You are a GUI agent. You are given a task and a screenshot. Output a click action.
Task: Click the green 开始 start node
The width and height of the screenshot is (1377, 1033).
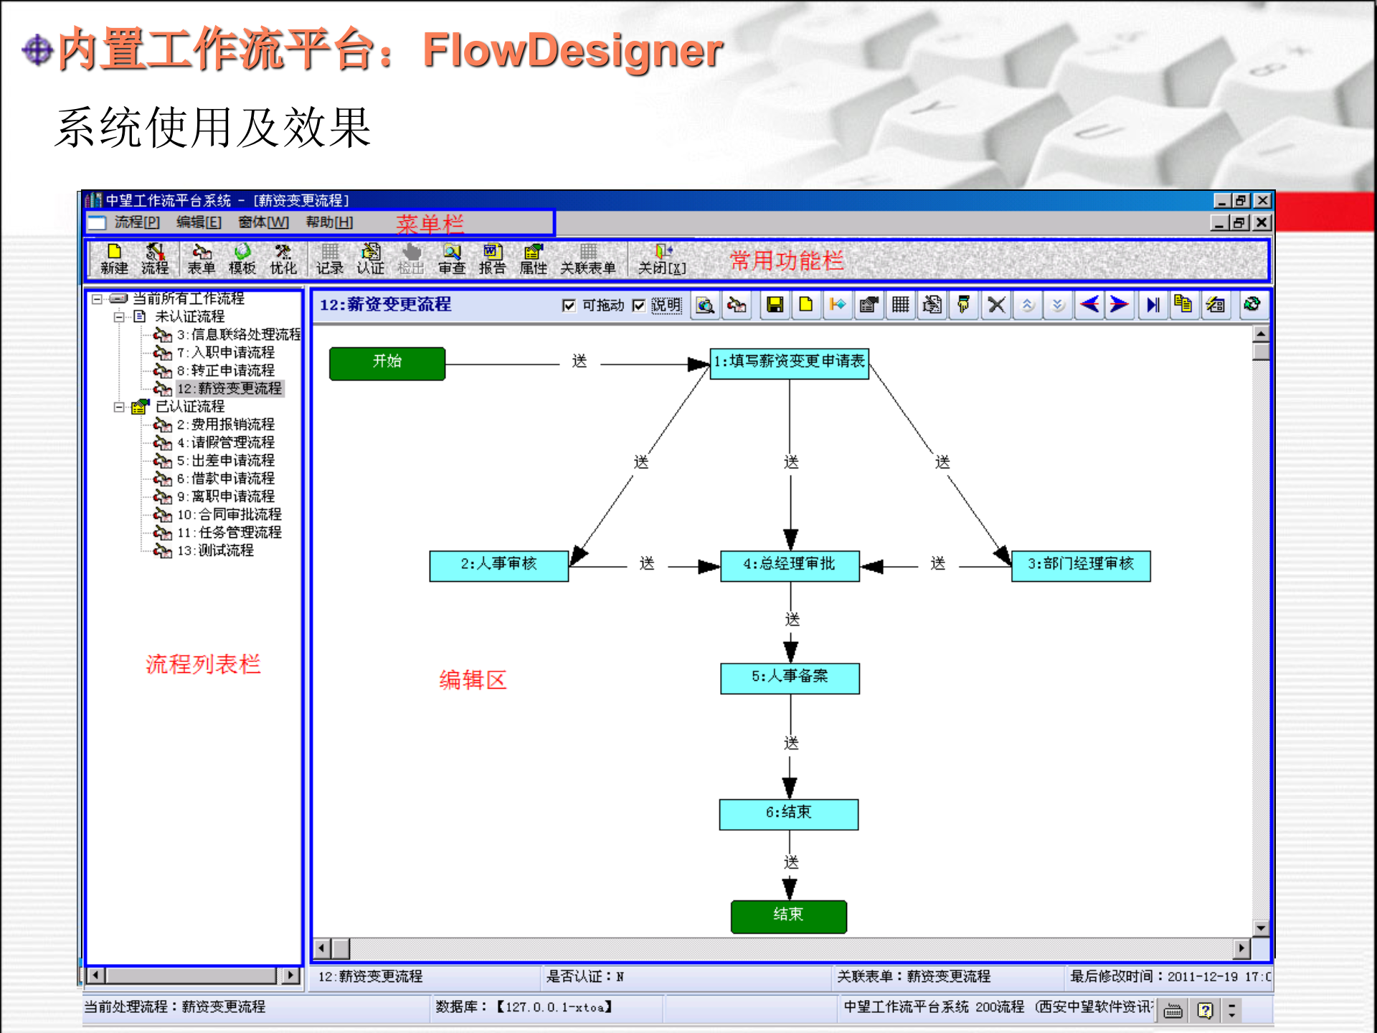click(x=387, y=363)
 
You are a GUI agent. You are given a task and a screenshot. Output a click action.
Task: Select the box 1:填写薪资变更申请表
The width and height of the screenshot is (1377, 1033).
click(x=789, y=363)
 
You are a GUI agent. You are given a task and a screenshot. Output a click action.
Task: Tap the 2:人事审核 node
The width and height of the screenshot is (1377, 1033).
click(x=498, y=565)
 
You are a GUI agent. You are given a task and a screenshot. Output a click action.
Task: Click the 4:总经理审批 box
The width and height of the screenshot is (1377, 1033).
click(x=790, y=565)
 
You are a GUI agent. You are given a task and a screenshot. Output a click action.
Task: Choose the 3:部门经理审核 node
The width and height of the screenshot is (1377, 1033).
click(x=1081, y=565)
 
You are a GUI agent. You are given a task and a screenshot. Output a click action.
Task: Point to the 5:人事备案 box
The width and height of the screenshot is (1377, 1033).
click(x=790, y=677)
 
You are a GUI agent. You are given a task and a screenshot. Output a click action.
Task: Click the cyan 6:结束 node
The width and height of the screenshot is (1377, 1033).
click(x=789, y=813)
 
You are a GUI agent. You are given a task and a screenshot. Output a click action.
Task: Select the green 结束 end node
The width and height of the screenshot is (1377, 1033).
click(x=789, y=916)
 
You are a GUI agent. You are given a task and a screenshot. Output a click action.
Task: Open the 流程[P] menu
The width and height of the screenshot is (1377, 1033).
click(x=137, y=222)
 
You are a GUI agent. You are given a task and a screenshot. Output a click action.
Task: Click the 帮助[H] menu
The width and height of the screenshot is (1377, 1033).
click(x=329, y=222)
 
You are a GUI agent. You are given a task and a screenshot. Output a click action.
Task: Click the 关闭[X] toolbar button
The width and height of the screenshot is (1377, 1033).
click(x=662, y=259)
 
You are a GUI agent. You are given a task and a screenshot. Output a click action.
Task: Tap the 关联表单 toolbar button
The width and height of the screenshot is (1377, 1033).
click(x=588, y=259)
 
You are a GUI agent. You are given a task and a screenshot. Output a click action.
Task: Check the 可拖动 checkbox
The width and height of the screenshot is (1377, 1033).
click(x=569, y=306)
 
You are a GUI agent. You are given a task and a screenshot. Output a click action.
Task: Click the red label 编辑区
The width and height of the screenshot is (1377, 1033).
click(x=473, y=679)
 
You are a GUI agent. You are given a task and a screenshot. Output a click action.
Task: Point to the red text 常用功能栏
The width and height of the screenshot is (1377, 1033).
click(x=787, y=260)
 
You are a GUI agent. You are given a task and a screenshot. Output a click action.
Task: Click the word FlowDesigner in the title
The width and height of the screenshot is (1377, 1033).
click(x=572, y=50)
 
